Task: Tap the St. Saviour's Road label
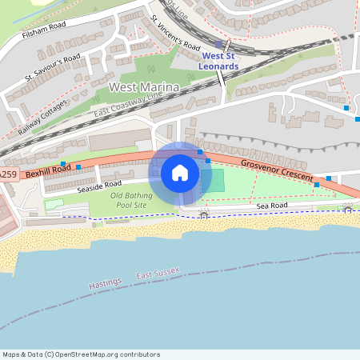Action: [53, 67]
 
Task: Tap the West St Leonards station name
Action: [220, 61]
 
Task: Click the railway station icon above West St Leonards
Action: [219, 45]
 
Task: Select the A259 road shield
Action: [7, 174]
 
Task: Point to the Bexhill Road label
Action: [48, 170]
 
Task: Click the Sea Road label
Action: [272, 206]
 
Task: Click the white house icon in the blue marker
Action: [180, 172]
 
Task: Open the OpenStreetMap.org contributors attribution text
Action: [80, 354]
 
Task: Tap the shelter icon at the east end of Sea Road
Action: [347, 208]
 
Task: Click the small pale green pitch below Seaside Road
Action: [54, 204]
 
